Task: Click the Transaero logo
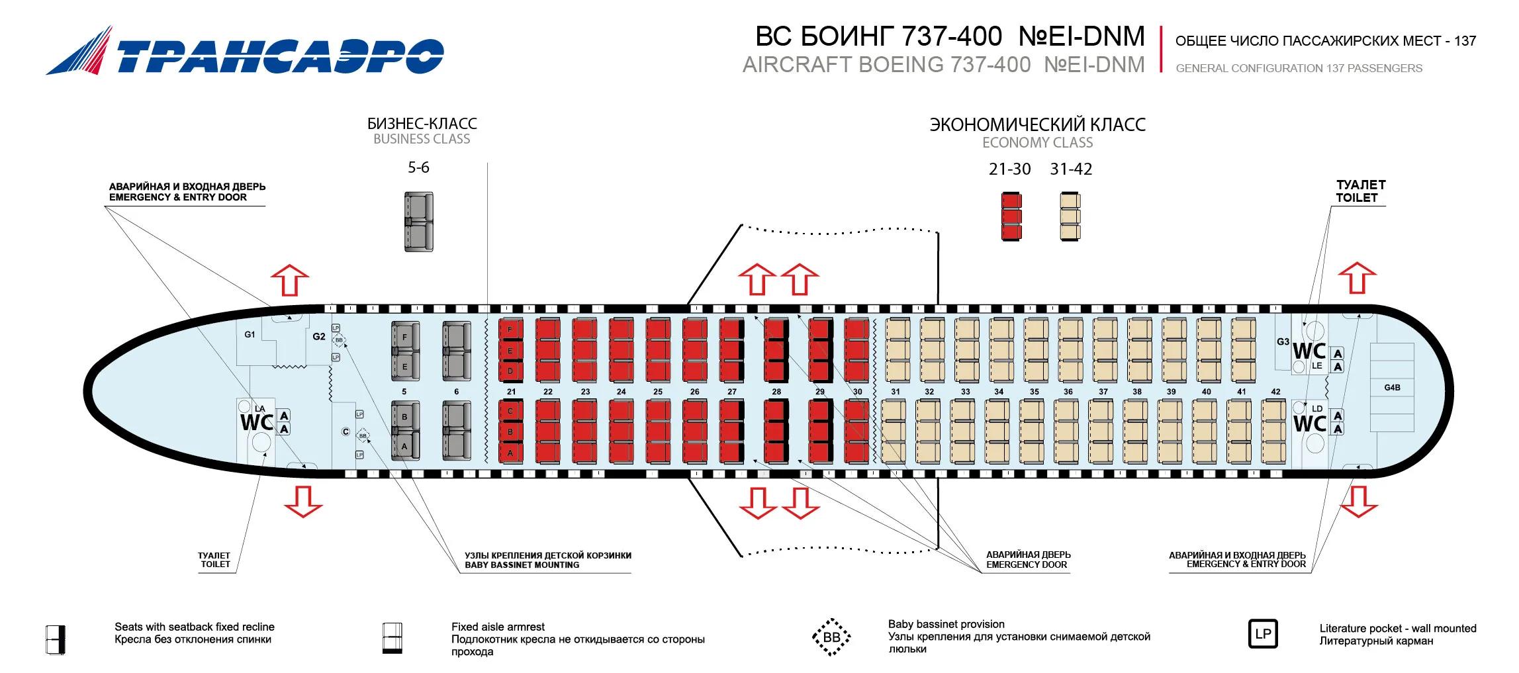(x=245, y=51)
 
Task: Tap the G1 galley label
(x=250, y=335)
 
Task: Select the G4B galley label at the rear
(x=1392, y=388)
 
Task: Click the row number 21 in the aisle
(x=511, y=392)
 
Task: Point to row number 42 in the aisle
(x=1275, y=392)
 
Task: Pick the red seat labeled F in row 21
(x=510, y=329)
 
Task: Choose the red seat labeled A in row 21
(x=510, y=453)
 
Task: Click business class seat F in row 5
(x=405, y=337)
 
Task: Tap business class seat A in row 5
(x=405, y=447)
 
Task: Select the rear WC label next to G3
(x=1309, y=350)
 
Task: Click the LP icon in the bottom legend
(x=1263, y=634)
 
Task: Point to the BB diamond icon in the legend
(x=831, y=637)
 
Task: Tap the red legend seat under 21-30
(x=1011, y=216)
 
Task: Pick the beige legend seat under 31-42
(x=1070, y=216)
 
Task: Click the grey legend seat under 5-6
(x=419, y=222)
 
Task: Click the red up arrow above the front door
(x=290, y=279)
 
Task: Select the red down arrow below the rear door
(x=1358, y=501)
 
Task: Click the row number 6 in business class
(x=457, y=392)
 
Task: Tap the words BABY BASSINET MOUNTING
(x=522, y=565)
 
